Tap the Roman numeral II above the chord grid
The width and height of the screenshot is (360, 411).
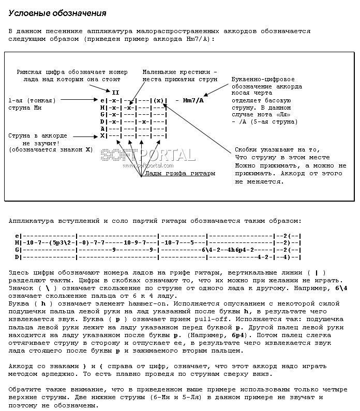coord(115,92)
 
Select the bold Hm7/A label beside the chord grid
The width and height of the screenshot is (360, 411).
coord(193,100)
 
